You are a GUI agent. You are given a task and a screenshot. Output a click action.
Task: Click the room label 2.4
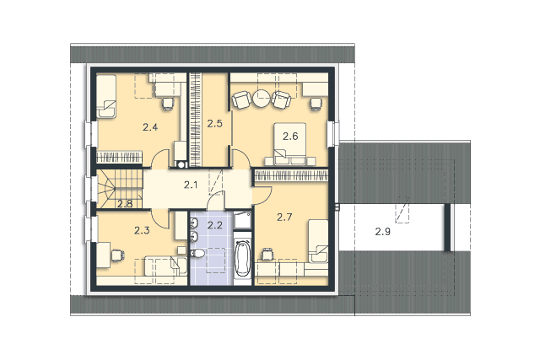[x=150, y=127]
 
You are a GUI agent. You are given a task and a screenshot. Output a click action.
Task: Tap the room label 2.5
[x=215, y=123]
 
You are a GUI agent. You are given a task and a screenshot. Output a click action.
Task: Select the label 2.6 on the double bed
[x=290, y=137]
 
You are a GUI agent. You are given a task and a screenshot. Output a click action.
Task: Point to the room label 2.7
[x=284, y=217]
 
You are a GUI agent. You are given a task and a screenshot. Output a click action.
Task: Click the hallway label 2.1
[x=191, y=185]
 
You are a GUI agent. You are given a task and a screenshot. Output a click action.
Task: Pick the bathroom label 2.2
[x=215, y=225]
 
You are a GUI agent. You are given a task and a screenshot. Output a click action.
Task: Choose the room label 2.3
[x=142, y=230]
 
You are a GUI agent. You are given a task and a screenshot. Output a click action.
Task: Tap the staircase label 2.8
[x=125, y=204]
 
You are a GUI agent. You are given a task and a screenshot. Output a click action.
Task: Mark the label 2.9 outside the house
[x=382, y=232]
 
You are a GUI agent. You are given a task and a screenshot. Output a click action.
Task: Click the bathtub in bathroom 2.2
[x=242, y=258]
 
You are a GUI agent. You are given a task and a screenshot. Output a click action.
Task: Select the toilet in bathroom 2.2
[x=197, y=253]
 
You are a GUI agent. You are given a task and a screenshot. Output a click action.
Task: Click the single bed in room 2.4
[x=106, y=97]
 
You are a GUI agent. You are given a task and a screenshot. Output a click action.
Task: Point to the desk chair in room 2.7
[x=267, y=255]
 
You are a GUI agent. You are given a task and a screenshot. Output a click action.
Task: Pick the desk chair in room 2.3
[x=117, y=255]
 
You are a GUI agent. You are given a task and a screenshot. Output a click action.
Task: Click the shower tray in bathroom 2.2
[x=242, y=220]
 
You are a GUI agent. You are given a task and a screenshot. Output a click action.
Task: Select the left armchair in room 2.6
[x=241, y=99]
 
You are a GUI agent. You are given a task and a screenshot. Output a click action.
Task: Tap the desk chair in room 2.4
[x=168, y=104]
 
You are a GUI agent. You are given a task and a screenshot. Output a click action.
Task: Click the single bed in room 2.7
[x=318, y=242]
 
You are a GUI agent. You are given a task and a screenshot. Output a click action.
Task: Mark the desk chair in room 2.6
[x=316, y=104]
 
